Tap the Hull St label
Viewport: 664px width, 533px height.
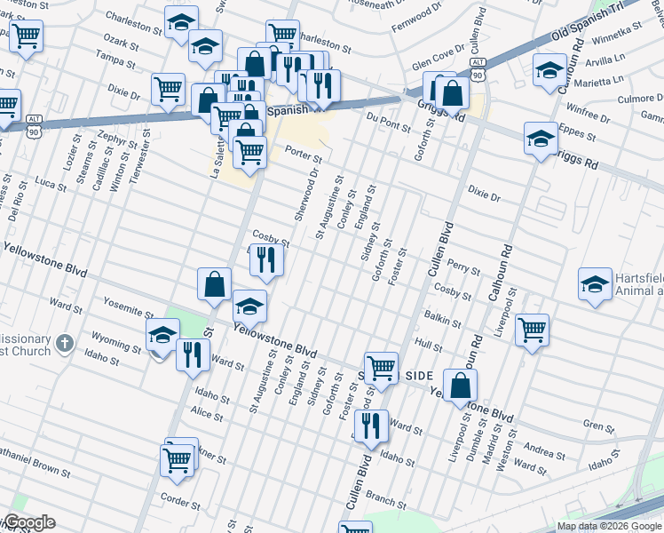click(428, 345)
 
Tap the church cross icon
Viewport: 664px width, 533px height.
click(64, 344)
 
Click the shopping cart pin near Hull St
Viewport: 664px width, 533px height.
click(532, 330)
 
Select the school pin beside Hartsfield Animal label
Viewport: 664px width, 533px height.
click(595, 283)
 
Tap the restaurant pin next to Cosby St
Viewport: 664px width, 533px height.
click(265, 259)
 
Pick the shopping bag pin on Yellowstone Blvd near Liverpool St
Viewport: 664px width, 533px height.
click(460, 385)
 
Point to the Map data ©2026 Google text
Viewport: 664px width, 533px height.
click(610, 526)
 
